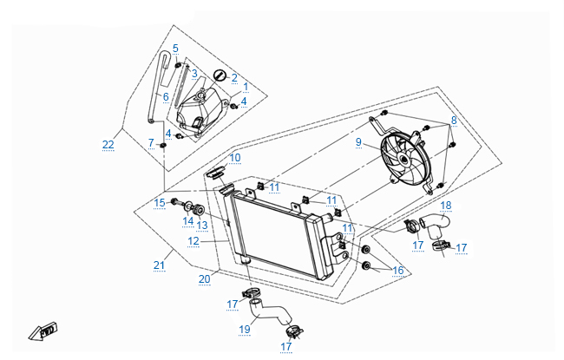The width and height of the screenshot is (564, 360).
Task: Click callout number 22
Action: click(108, 144)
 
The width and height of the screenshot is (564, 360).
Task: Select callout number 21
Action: click(158, 264)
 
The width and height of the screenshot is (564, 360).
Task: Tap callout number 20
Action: click(205, 278)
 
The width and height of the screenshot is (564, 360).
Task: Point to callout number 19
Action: click(246, 329)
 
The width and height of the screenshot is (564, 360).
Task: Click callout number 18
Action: click(446, 206)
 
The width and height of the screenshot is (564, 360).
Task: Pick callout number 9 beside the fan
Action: click(357, 141)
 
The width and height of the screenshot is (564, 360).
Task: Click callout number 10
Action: click(235, 157)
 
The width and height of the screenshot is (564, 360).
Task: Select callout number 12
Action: click(193, 240)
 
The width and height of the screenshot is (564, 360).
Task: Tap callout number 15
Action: click(160, 202)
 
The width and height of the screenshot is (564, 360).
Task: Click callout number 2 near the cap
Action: click(233, 78)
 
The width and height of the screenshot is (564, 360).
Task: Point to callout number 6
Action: click(165, 95)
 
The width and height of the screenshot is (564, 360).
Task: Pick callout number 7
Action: click(150, 142)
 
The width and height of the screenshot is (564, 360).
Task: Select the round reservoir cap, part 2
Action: click(219, 75)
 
